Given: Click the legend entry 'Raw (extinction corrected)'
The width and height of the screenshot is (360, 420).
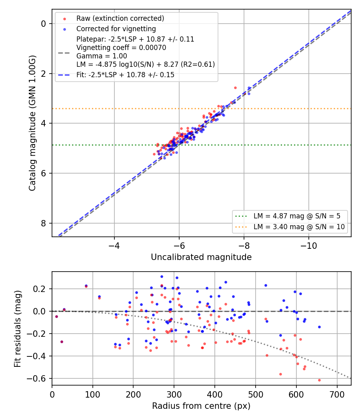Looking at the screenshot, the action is (x=120, y=18).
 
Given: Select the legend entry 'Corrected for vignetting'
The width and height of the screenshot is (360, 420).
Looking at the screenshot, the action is (x=116, y=29).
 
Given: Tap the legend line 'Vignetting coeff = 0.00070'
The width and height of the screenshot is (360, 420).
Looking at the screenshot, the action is (x=121, y=48).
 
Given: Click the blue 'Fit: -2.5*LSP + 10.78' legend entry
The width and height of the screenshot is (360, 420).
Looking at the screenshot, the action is (x=125, y=75).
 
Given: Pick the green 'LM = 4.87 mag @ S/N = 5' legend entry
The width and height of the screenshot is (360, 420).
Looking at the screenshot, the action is (x=297, y=216).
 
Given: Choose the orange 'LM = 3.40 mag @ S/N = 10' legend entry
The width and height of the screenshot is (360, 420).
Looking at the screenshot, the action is (x=299, y=227).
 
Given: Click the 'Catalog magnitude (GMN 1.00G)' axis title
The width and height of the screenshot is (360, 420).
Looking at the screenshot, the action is (x=32, y=123).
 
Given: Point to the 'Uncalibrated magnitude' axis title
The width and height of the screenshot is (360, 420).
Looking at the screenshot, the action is (x=201, y=257).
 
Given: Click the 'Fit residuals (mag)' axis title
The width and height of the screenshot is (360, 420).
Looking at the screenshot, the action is (x=18, y=329).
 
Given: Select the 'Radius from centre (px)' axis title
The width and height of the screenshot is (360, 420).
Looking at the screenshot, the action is (x=201, y=406).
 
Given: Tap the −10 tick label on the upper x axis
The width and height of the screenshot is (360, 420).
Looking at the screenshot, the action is (x=308, y=246).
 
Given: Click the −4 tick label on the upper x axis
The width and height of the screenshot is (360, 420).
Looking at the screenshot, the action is (x=114, y=246).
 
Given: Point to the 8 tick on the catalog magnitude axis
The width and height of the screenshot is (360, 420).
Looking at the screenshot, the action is (x=43, y=223).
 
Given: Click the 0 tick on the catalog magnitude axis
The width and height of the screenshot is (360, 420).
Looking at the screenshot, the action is (x=43, y=24).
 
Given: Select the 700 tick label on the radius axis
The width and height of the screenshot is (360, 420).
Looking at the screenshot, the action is (x=337, y=394).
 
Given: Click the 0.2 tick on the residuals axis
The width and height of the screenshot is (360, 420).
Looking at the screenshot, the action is (x=39, y=289).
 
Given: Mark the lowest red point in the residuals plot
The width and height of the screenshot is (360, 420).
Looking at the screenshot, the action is (x=319, y=380).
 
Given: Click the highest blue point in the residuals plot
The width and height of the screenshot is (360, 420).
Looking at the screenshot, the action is (x=162, y=277).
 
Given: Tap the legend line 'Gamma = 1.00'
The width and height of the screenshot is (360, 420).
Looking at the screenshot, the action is (x=102, y=56).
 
